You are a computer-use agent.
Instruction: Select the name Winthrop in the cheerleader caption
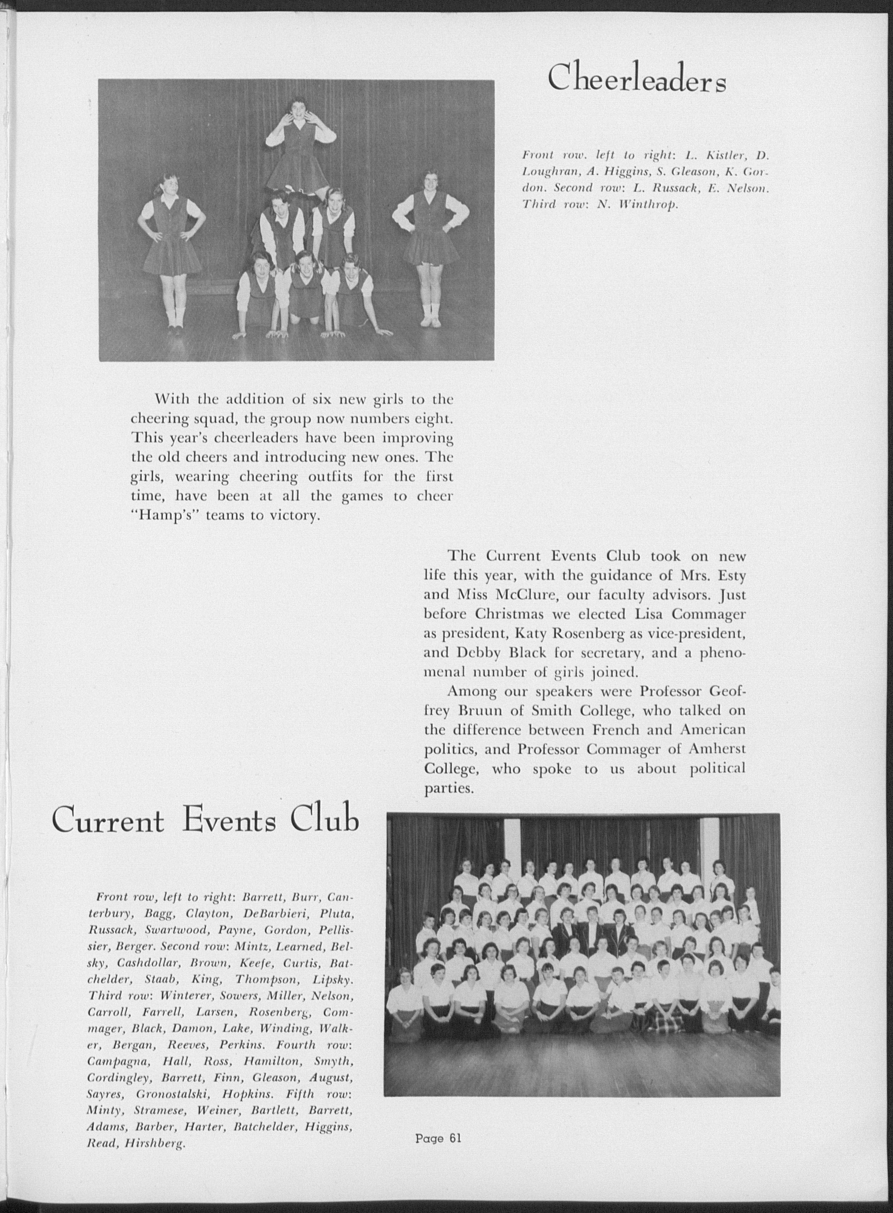click(x=648, y=205)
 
